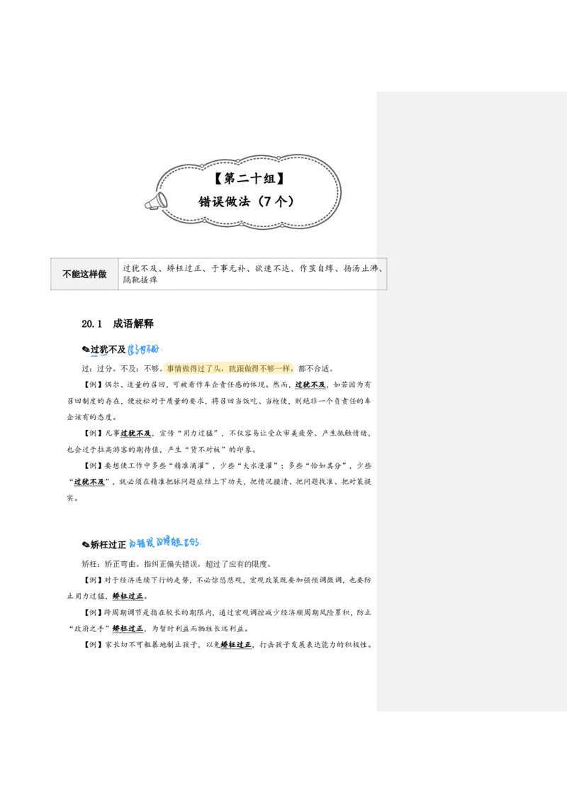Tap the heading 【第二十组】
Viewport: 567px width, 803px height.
pyautogui.click(x=245, y=179)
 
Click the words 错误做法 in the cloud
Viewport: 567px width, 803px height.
pyautogui.click(x=224, y=201)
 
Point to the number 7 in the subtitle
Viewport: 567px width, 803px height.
pyautogui.click(x=264, y=201)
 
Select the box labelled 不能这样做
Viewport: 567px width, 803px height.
pyautogui.click(x=84, y=274)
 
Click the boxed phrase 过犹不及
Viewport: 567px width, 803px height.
pyautogui.click(x=309, y=384)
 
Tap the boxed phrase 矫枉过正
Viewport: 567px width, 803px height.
pyautogui.click(x=128, y=597)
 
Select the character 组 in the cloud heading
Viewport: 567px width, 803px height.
pyautogui.click(x=269, y=179)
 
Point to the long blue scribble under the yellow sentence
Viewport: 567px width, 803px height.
pyautogui.click(x=164, y=543)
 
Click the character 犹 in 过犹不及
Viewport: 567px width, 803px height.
pyautogui.click(x=306, y=384)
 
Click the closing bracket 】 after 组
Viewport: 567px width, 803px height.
pyautogui.click(x=281, y=179)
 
